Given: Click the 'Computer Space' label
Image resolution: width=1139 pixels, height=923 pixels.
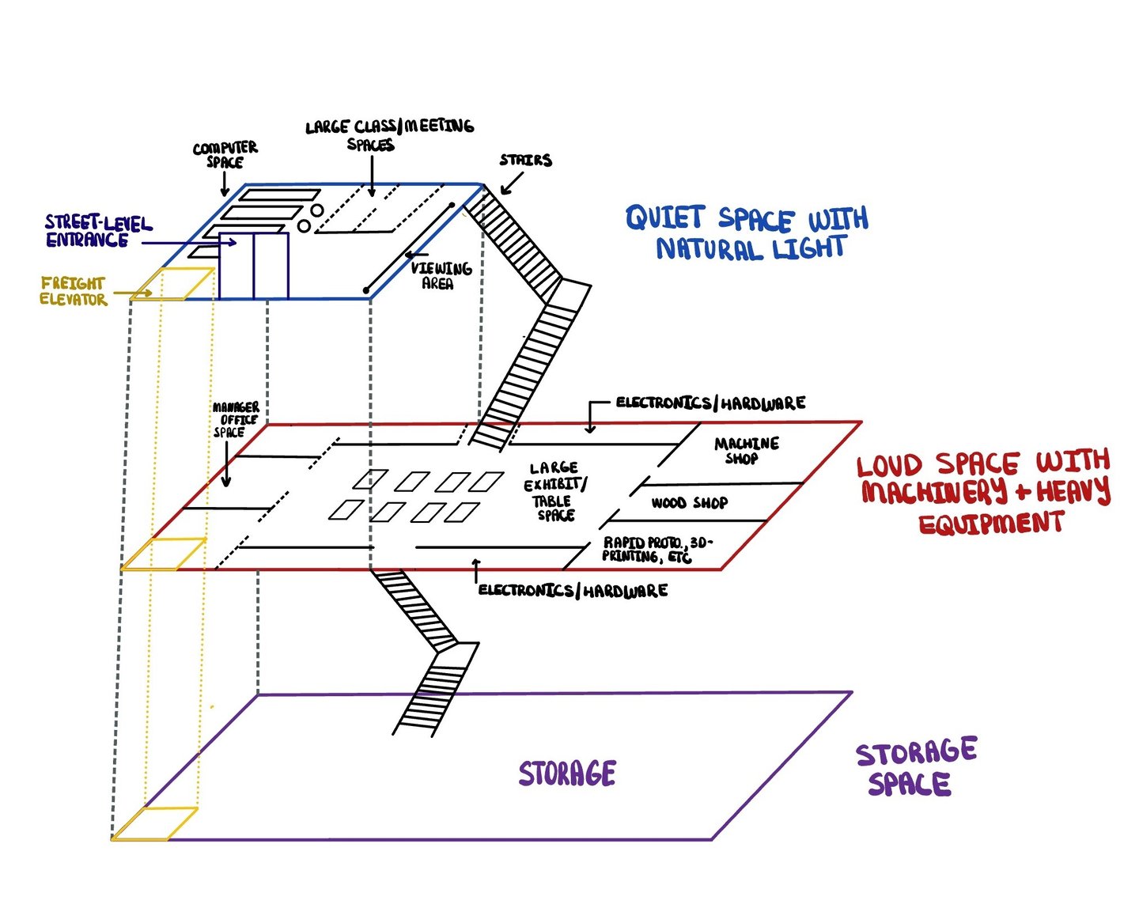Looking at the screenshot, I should (x=225, y=154).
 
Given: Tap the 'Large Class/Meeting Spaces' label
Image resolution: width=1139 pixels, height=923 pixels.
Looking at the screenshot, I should (x=389, y=134).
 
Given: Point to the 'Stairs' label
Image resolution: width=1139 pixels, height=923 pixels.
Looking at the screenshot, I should (x=525, y=161).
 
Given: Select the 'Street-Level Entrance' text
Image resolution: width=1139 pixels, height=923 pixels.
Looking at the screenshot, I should (x=97, y=231).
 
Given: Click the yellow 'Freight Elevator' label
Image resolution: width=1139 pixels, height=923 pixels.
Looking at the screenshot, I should (x=73, y=291).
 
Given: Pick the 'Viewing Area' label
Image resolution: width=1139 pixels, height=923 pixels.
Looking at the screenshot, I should (x=441, y=275).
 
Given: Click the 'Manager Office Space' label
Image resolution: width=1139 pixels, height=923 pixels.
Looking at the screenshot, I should (x=235, y=419).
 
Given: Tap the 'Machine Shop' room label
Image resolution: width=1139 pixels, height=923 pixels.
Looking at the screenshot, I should (x=746, y=450).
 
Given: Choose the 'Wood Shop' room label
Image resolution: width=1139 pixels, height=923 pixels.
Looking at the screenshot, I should (x=689, y=503).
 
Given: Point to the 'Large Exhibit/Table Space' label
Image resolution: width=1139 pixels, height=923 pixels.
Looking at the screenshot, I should (x=555, y=491).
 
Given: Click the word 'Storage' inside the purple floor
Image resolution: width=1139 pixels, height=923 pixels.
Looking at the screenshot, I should (x=567, y=774).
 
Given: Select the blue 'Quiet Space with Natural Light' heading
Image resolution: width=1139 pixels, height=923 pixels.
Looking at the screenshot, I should (x=747, y=233).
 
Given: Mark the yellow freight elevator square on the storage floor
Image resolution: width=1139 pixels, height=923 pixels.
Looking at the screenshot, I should (x=154, y=823).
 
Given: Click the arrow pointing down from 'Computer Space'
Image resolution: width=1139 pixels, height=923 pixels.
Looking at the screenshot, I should (x=225, y=183).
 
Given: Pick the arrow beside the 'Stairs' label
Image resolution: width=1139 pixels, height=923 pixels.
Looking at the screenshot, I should (x=511, y=184).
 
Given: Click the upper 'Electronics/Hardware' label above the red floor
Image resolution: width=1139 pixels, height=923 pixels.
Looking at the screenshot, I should (x=710, y=403).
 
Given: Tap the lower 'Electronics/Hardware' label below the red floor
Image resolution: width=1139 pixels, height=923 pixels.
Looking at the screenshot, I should (x=573, y=590).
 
